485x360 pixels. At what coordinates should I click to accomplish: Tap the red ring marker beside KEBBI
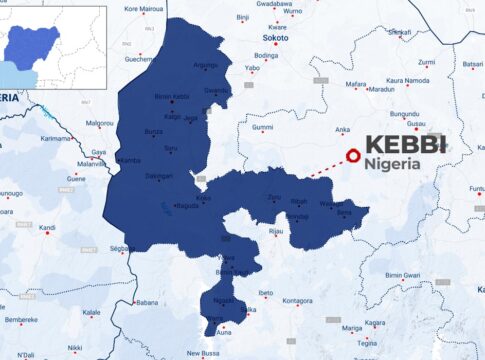[352, 156]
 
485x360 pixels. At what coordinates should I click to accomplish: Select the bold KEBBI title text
[405, 144]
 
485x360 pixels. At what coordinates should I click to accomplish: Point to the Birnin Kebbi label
[172, 97]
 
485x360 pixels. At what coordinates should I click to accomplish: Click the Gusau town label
[414, 124]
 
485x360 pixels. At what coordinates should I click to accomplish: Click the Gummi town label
[262, 127]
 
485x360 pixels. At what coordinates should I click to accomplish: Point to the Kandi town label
[47, 227]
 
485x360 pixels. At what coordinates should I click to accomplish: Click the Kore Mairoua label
[143, 9]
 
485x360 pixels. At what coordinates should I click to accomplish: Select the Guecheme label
[139, 59]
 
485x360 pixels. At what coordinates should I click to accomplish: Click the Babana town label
[146, 302]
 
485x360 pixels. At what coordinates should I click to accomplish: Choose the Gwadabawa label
[274, 4]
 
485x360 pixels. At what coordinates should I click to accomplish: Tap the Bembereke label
[20, 320]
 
